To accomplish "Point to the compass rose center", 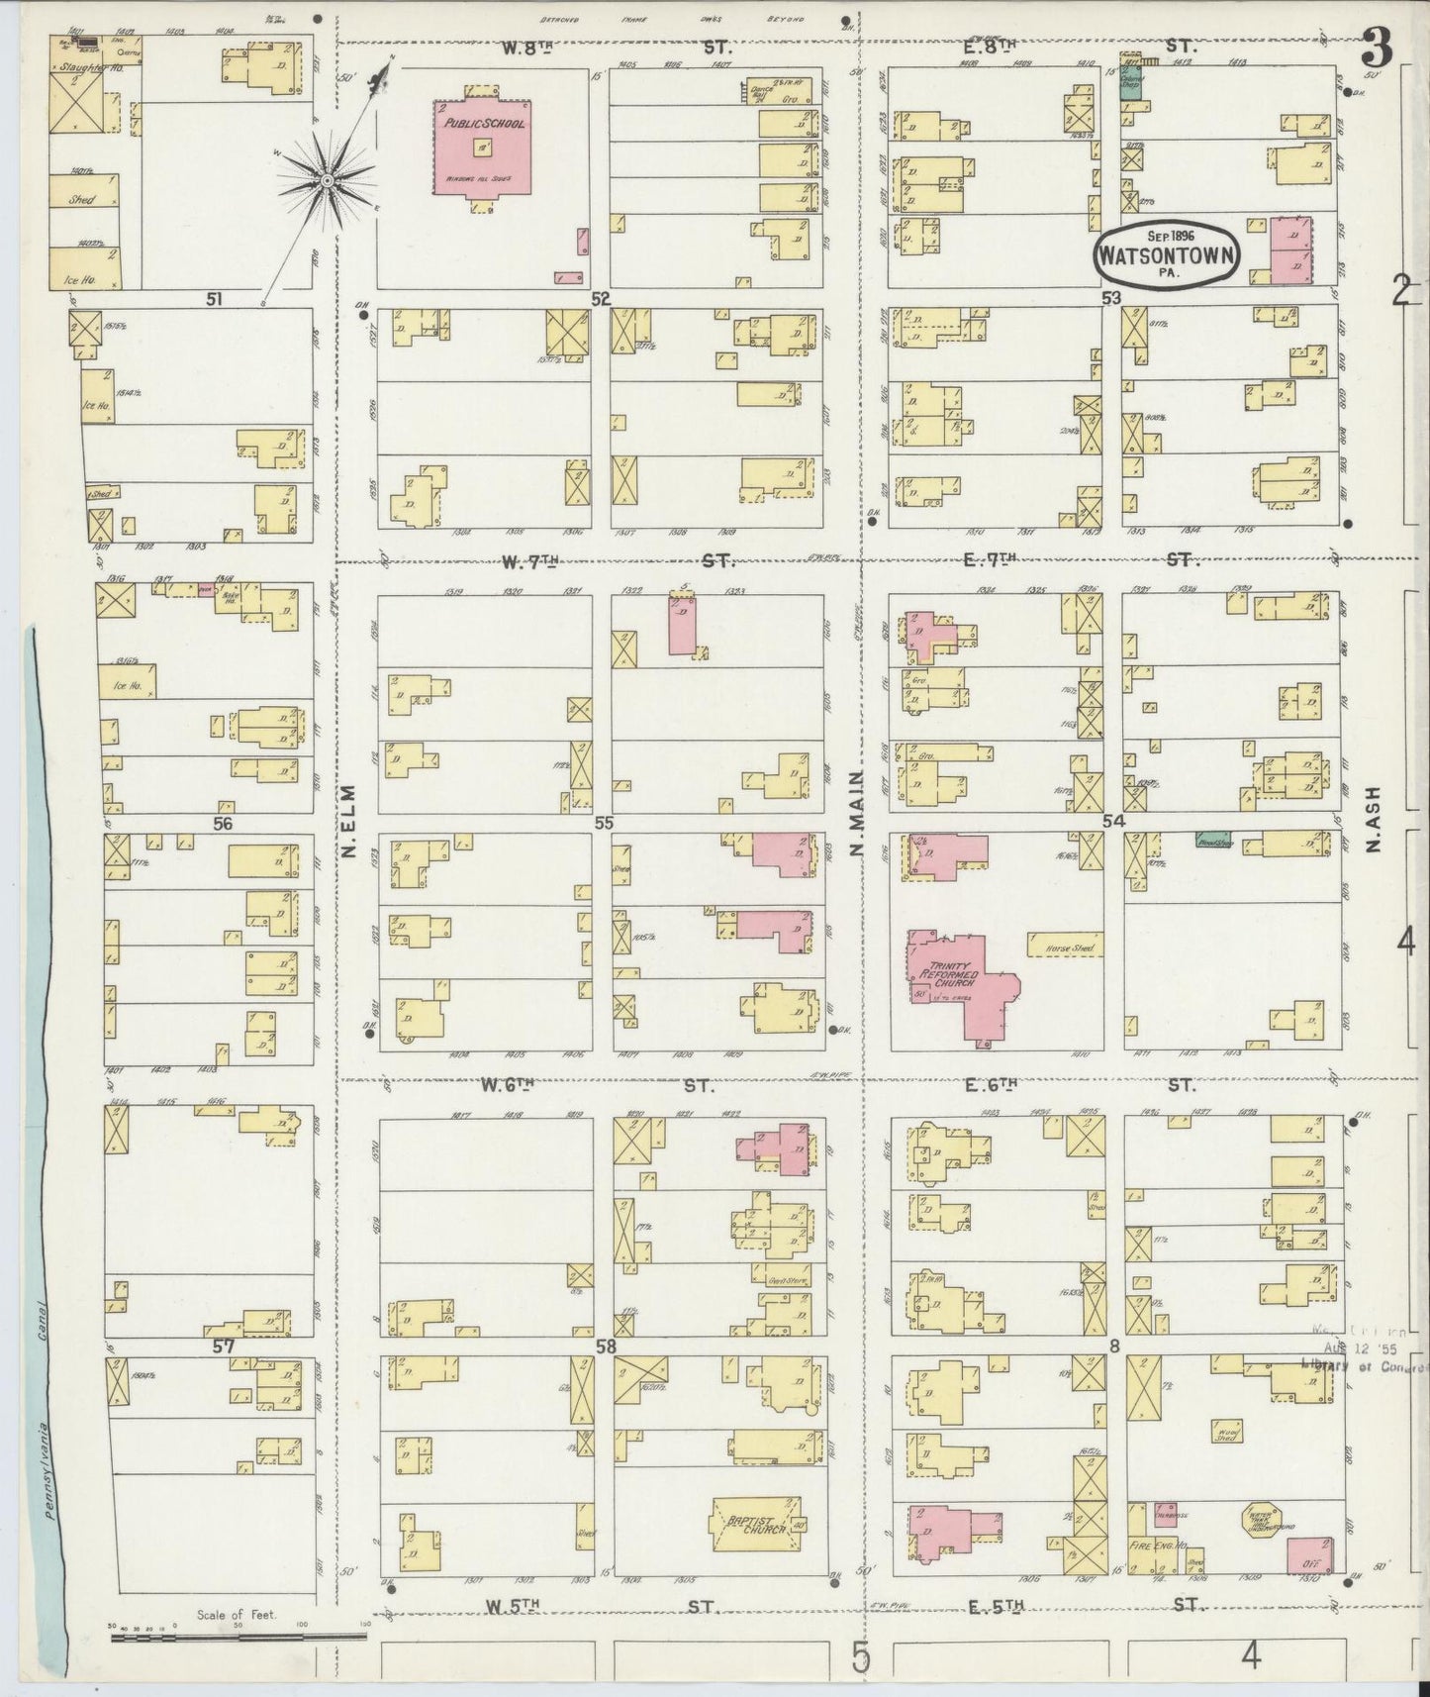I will [327, 180].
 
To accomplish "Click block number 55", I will [603, 824].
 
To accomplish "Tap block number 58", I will [606, 1347].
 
